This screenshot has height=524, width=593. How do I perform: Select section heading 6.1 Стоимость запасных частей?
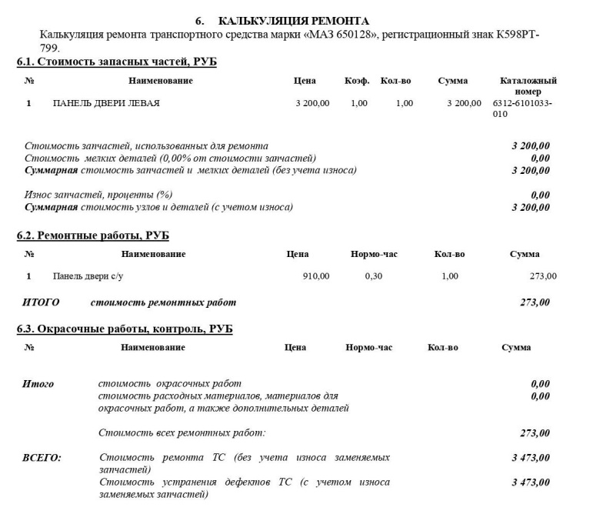[x=116, y=61]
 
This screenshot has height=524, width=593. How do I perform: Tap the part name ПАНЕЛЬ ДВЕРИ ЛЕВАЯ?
[x=106, y=103]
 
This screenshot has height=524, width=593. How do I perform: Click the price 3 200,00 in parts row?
[x=312, y=103]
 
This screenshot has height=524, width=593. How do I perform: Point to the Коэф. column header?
[x=357, y=81]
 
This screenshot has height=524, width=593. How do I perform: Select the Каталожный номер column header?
[x=528, y=85]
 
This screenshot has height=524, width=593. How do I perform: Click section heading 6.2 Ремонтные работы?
[x=92, y=235]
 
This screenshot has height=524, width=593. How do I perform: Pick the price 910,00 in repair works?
[x=316, y=276]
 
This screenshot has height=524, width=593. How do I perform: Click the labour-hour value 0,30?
[x=373, y=276]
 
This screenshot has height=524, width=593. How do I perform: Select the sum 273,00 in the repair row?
[x=543, y=276]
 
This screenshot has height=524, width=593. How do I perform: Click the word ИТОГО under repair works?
[x=42, y=302]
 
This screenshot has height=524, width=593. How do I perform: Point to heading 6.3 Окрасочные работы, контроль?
[x=125, y=329]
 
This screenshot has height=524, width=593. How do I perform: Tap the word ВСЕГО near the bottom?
[x=42, y=458]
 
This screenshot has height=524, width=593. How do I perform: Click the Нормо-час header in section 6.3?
[x=368, y=348]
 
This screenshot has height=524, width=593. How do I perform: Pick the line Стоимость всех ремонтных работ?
[x=182, y=433]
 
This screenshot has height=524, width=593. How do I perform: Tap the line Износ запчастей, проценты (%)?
[x=98, y=195]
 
